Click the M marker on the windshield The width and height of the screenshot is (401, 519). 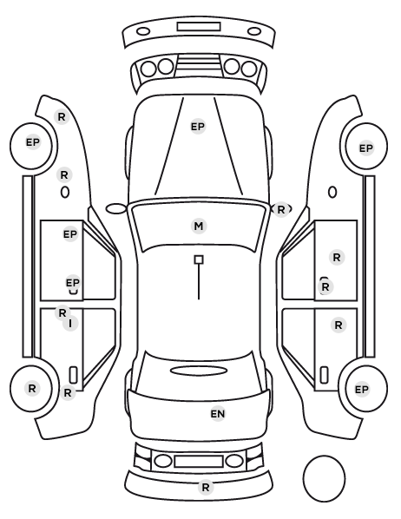(199, 226)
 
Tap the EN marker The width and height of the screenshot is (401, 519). (218, 414)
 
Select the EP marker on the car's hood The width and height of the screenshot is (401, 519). (198, 127)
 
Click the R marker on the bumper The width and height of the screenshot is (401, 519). (206, 487)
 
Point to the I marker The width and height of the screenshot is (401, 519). (70, 324)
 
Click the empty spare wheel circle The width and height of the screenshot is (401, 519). (324, 478)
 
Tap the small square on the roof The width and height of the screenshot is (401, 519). (199, 259)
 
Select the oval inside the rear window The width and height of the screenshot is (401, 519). (199, 371)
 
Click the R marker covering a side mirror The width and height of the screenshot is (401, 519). (281, 209)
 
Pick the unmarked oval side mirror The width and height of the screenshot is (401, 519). (116, 209)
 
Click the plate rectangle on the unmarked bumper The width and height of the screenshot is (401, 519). (199, 27)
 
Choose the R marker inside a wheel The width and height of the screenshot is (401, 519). (32, 388)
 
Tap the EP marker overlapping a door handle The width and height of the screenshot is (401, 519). (73, 283)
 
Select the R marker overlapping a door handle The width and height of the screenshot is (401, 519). (325, 287)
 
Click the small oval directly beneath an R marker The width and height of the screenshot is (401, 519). (65, 192)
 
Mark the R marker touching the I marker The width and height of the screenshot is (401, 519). (62, 312)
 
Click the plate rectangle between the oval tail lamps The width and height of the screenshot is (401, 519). (199, 461)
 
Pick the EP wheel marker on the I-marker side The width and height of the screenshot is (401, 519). (32, 142)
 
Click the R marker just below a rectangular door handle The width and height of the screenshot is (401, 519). (68, 393)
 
